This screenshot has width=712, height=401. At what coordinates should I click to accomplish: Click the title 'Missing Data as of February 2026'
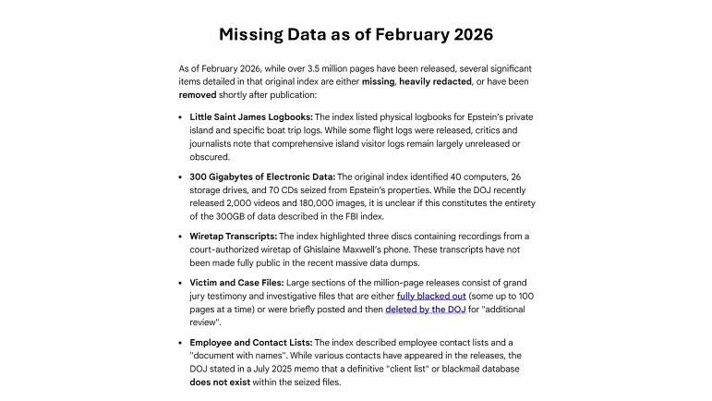pyautogui.click(x=356, y=34)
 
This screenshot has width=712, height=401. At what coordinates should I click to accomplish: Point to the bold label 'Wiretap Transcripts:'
pyautogui.click(x=232, y=237)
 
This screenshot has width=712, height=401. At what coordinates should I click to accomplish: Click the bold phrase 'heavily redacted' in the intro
pyautogui.click(x=434, y=81)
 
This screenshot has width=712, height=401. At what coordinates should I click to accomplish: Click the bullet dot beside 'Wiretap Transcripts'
pyautogui.click(x=181, y=237)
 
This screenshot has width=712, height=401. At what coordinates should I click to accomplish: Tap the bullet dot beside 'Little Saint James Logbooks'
pyautogui.click(x=181, y=117)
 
